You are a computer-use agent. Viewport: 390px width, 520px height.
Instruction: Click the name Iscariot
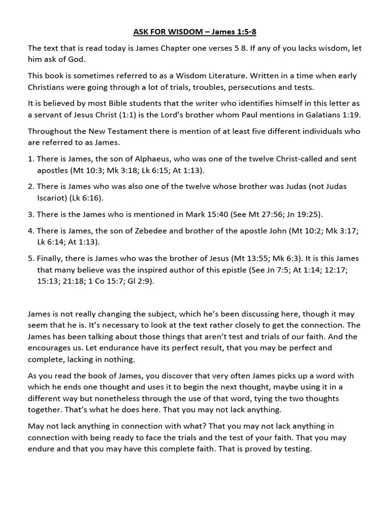pyautogui.click(x=52, y=198)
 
